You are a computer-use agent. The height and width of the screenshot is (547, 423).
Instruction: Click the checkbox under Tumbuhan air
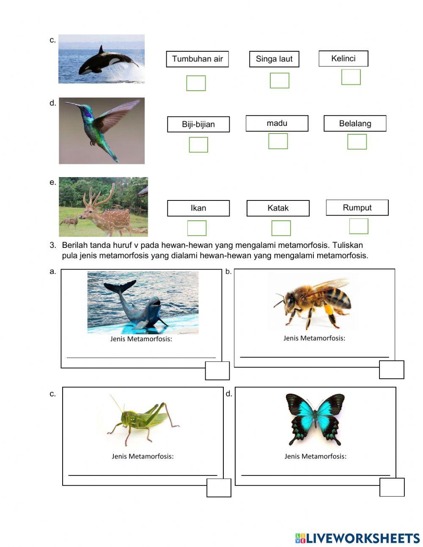196,83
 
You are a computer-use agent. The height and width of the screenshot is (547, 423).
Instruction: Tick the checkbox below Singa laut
279,81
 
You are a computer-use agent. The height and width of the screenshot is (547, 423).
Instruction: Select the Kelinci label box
343,58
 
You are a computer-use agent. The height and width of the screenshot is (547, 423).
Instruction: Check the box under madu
278,141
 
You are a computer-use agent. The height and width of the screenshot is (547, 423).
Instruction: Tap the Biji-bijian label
198,124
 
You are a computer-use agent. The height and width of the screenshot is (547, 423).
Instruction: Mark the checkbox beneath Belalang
357,142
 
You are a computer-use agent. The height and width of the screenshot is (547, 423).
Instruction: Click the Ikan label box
198,208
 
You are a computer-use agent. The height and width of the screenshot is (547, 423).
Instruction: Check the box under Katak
281,228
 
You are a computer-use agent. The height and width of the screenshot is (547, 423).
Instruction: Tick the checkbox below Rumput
358,226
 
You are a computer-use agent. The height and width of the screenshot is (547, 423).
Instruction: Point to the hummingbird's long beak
73,104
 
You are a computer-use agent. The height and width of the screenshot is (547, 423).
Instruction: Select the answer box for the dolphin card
217,371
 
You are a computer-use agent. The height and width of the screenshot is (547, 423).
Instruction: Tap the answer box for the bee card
391,369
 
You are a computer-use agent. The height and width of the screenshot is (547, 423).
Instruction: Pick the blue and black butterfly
315,417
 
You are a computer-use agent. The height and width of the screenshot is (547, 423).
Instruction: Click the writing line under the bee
314,357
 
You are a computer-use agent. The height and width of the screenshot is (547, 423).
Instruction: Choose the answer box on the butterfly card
392,487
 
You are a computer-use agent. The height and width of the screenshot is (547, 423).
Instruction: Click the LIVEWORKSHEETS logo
357,538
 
